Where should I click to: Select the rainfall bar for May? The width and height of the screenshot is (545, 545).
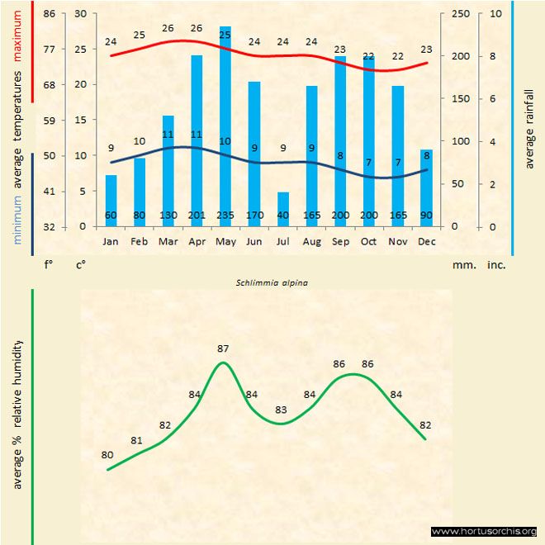(225, 124)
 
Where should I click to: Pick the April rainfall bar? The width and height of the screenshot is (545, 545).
(197, 136)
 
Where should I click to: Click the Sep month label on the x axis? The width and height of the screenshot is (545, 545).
(340, 242)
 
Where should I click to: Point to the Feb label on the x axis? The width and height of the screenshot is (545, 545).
(140, 242)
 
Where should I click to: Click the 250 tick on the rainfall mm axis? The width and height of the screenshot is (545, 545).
(460, 14)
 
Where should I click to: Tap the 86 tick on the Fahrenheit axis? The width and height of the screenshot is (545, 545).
(50, 14)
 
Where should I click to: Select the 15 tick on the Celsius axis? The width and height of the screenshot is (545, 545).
(80, 120)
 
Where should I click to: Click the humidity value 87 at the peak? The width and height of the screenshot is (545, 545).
(223, 348)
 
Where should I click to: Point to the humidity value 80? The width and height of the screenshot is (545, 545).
(107, 455)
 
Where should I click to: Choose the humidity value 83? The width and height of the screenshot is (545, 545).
(282, 410)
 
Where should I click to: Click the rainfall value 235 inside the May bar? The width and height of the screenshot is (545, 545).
(225, 216)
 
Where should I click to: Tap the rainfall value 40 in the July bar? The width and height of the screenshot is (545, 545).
(283, 216)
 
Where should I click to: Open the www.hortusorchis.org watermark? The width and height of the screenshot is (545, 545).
(484, 531)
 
